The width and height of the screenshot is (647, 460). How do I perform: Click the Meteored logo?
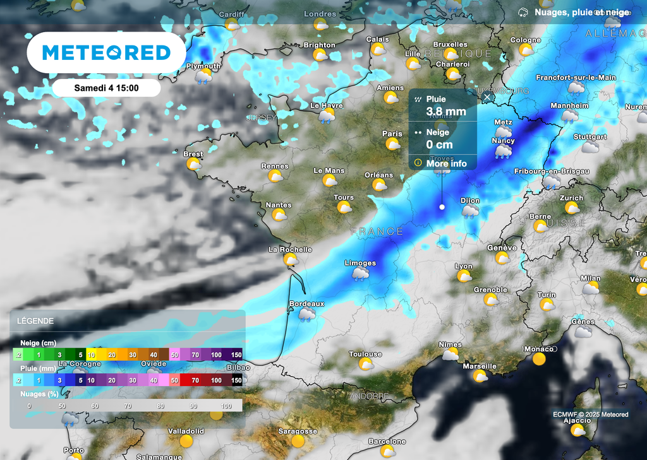(106, 52)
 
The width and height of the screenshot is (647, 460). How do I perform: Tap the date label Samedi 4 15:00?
(106, 88)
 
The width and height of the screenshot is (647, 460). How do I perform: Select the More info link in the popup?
(446, 163)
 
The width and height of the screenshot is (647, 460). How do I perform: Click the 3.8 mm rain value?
(446, 112)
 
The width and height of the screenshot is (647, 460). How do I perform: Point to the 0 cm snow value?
(440, 144)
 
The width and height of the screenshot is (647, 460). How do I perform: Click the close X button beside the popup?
(487, 97)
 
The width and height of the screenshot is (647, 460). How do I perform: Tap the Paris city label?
(392, 134)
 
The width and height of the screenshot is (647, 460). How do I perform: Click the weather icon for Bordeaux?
(306, 314)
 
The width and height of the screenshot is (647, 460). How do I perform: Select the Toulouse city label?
(365, 354)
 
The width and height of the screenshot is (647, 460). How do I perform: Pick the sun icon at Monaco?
(539, 360)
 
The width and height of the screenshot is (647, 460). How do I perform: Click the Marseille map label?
(480, 366)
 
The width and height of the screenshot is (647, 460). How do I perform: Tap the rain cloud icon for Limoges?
(361, 274)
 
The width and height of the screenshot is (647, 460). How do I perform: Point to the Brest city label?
(193, 154)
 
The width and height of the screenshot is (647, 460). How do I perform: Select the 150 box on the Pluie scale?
(236, 380)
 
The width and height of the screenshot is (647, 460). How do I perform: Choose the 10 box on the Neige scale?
(92, 355)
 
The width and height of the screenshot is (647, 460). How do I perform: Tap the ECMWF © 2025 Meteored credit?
(590, 415)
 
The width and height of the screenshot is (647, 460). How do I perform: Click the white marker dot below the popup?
(442, 207)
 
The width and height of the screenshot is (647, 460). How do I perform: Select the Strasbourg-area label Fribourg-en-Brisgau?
(552, 171)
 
